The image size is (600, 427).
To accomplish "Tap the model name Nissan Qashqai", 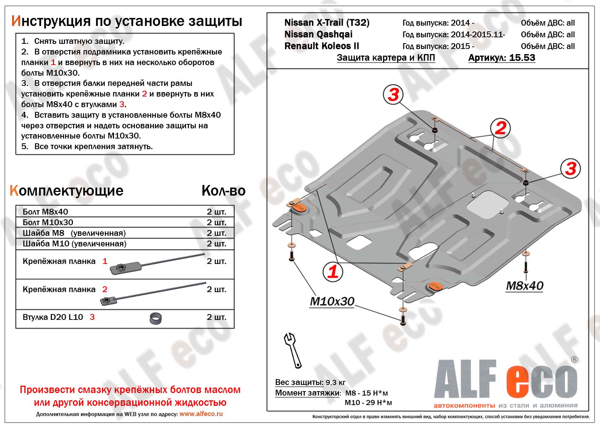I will pyautogui.click(x=318, y=34).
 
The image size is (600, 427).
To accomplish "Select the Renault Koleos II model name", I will pyautogui.click(x=322, y=46).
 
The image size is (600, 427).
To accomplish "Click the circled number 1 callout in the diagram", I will pyautogui.click(x=333, y=272).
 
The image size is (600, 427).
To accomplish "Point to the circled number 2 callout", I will pyautogui.click(x=500, y=128).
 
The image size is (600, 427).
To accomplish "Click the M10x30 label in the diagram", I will pyautogui.click(x=332, y=301).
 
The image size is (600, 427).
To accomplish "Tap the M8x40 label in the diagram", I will pyautogui.click(x=524, y=286).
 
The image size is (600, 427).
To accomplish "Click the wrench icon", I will pyautogui.click(x=293, y=349).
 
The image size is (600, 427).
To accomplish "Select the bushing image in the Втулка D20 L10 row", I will pyautogui.click(x=156, y=318).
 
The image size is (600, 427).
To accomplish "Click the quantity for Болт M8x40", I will pyautogui.click(x=216, y=212).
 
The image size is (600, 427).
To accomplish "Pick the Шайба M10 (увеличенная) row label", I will pyautogui.click(x=75, y=243).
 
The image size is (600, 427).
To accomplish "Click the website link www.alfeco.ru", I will pyautogui.click(x=201, y=414).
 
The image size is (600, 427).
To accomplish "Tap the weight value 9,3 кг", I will pyautogui.click(x=335, y=382).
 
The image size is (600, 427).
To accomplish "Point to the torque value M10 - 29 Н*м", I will pyautogui.click(x=368, y=403).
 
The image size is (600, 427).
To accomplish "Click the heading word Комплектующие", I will pyautogui.click(x=67, y=190).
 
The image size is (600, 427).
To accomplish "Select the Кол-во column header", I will pyautogui.click(x=223, y=190).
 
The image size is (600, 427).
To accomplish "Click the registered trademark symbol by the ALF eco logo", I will pyautogui.click(x=574, y=360).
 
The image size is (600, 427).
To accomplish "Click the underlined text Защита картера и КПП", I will pyautogui.click(x=386, y=58).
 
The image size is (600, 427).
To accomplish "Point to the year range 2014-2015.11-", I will pyautogui.click(x=478, y=34).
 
